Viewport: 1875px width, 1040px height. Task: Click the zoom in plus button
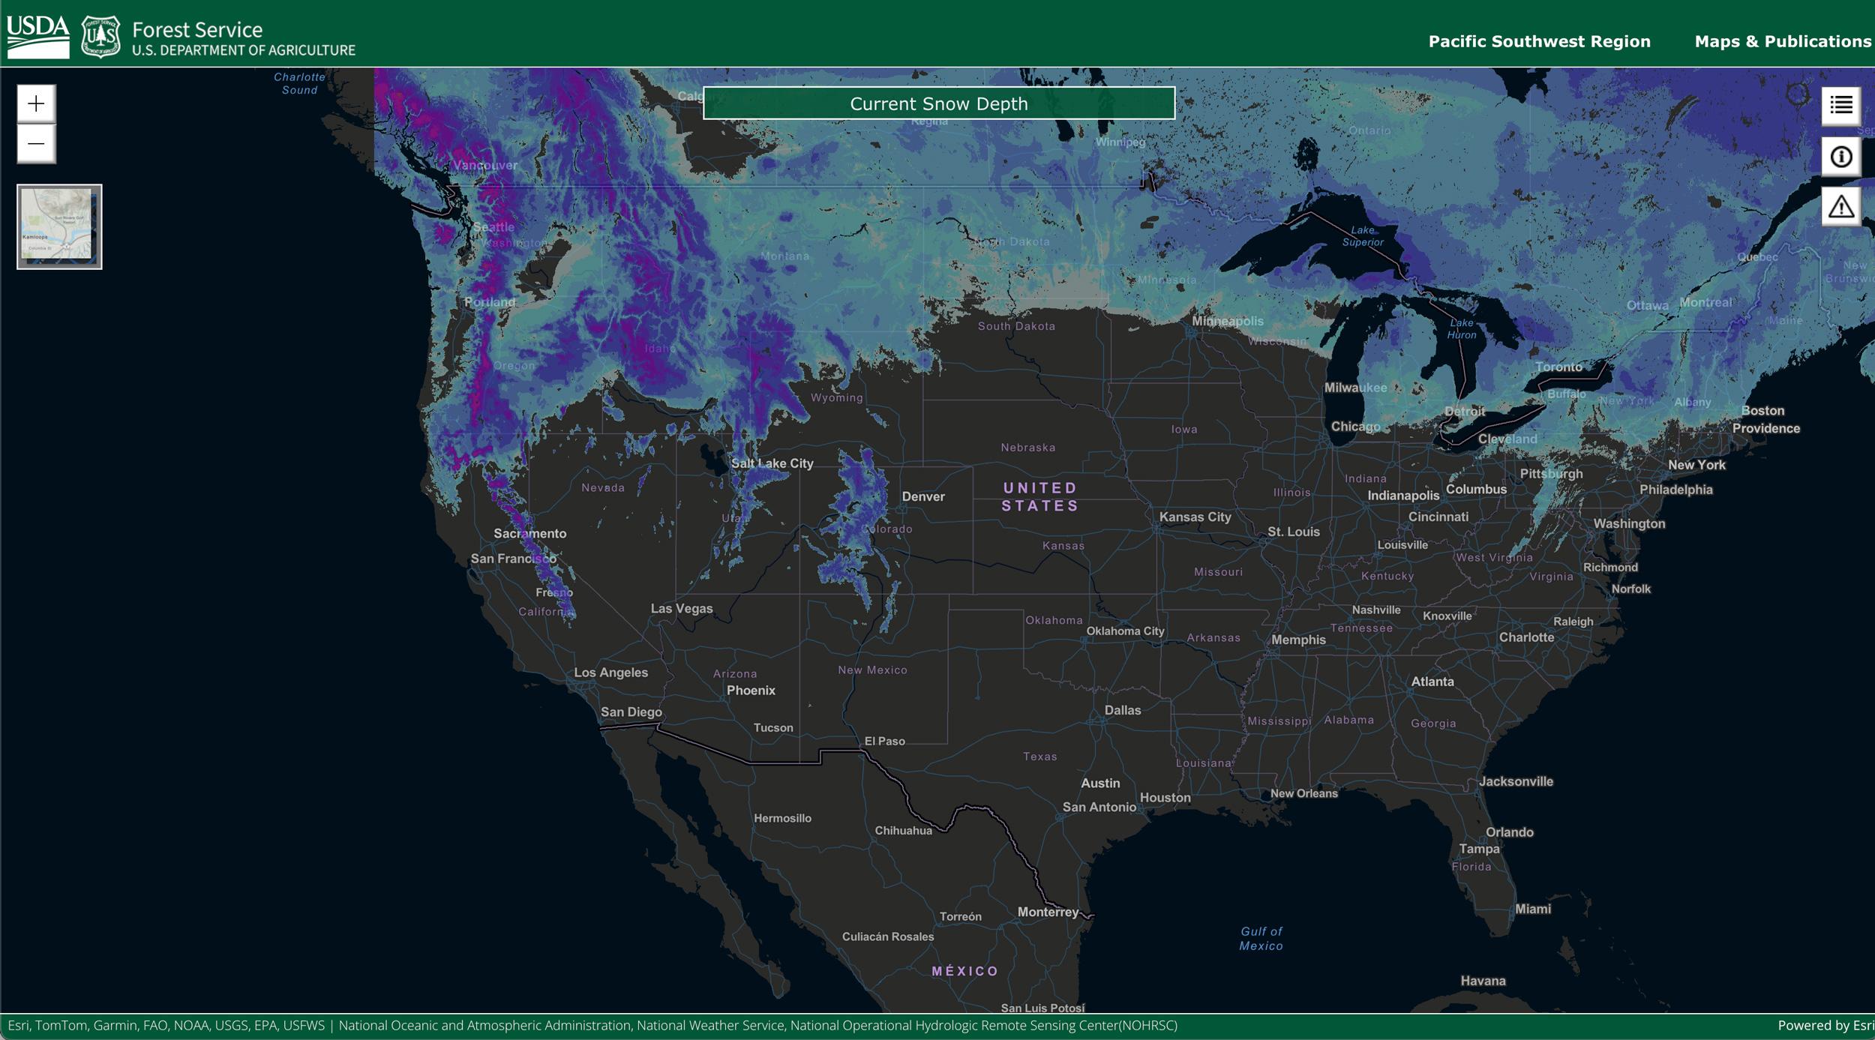coord(36,103)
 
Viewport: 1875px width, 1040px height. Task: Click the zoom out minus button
coord(36,144)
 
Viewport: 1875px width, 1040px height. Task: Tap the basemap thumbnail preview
coord(59,226)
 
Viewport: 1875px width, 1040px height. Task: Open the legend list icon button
coord(1841,106)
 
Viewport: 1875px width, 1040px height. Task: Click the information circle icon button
coord(1841,157)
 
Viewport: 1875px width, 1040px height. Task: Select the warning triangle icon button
coord(1841,206)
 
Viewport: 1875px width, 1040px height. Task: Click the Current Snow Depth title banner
coord(938,103)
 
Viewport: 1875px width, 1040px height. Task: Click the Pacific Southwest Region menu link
coord(1539,41)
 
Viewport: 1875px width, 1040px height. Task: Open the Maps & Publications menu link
coord(1783,41)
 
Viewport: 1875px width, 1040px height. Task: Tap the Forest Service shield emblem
coord(100,36)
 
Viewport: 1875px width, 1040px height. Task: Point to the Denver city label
coord(922,496)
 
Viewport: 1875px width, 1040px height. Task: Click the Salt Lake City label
coord(772,463)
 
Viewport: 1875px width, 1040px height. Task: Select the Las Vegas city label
coord(681,608)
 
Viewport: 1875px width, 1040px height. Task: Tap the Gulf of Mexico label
coord(1261,938)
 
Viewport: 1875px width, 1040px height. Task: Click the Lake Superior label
coord(1363,236)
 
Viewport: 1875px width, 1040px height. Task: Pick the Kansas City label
coord(1195,517)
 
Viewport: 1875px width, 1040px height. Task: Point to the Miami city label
coord(1532,909)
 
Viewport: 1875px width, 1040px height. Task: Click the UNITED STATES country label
coord(1039,496)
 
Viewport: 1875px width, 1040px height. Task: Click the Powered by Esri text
coord(1824,1025)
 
